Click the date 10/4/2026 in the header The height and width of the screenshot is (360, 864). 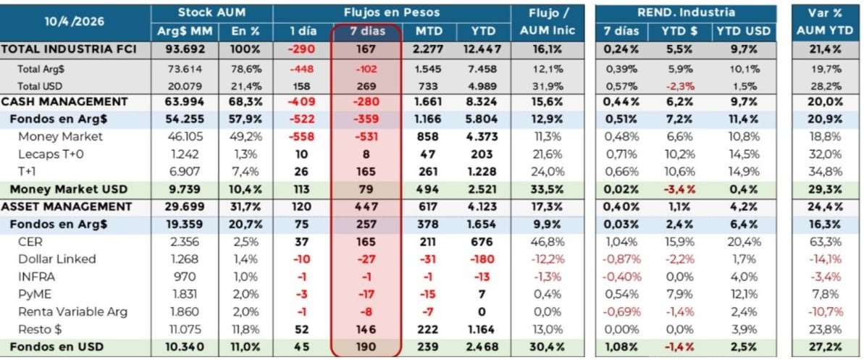(75, 22)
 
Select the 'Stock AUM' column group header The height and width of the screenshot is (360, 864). (211, 13)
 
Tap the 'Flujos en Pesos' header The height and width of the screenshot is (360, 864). (392, 13)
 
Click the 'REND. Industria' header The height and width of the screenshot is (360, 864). (685, 13)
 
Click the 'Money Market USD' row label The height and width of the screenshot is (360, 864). (68, 189)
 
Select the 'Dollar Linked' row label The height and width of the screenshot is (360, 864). (57, 259)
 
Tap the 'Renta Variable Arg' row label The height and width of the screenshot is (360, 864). (72, 311)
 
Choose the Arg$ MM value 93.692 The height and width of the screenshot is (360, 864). (177, 49)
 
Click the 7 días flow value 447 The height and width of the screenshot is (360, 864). (366, 206)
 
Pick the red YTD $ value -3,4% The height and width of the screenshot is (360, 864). (680, 189)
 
